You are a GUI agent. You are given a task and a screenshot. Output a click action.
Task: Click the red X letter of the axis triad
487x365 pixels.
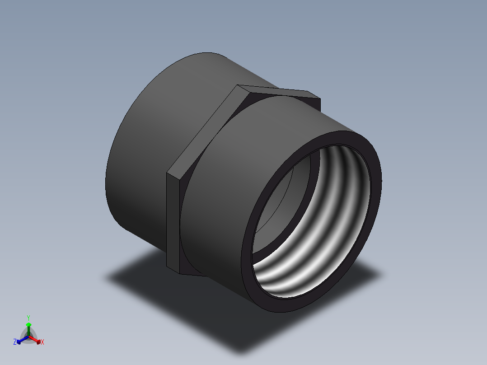42,342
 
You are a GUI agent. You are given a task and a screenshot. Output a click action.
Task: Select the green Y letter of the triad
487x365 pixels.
28,318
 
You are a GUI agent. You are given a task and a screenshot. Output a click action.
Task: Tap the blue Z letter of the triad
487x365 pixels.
15,342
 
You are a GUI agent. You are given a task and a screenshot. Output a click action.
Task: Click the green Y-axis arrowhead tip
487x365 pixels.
28,324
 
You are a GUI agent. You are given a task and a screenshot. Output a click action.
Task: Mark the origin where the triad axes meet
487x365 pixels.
28,337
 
